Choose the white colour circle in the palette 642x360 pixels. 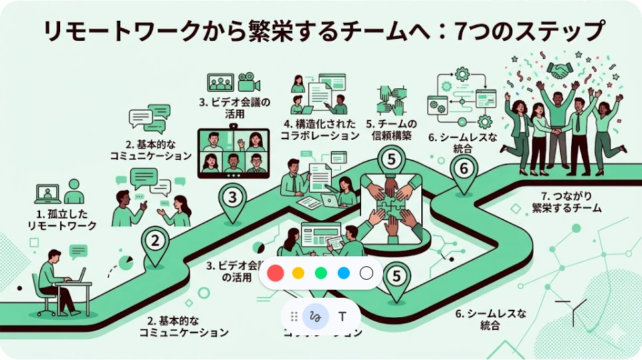tap(366, 273)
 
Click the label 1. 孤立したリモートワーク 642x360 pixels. tap(62, 220)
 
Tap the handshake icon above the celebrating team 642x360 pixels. tap(558, 70)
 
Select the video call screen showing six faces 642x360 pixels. tap(233, 153)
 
